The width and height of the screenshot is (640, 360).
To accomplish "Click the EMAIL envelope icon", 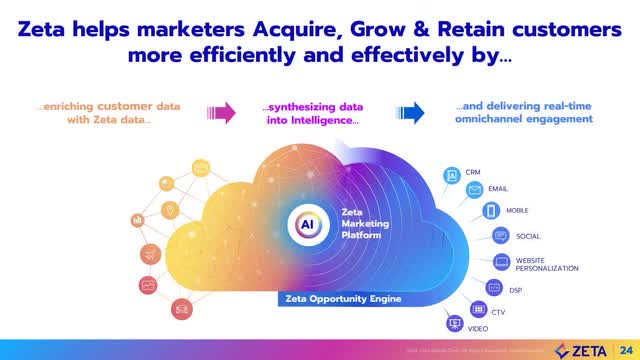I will coord(474,189).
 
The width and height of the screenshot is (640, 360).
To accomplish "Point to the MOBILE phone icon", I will coord(490,211).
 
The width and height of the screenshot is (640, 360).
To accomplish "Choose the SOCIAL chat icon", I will coord(500,236).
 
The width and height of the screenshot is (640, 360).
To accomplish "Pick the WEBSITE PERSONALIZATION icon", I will coord(501,262).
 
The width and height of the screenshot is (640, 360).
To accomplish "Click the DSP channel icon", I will coord(493,288).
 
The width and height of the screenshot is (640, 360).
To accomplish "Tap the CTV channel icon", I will coord(478,309).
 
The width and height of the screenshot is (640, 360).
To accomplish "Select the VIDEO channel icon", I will coord(455,323).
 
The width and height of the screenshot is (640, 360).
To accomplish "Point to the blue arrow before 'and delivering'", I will coord(408,112).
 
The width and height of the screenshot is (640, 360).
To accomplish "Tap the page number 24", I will coord(627,349).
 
